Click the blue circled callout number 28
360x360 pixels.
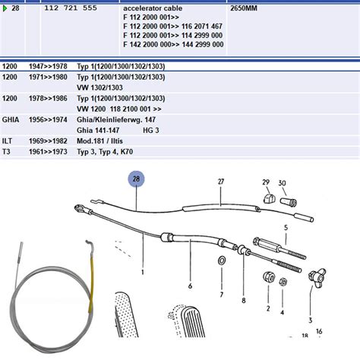(x=137, y=180)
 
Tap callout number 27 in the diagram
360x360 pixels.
(x=221, y=182)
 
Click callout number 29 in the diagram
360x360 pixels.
(x=266, y=183)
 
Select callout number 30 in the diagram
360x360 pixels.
(x=283, y=183)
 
